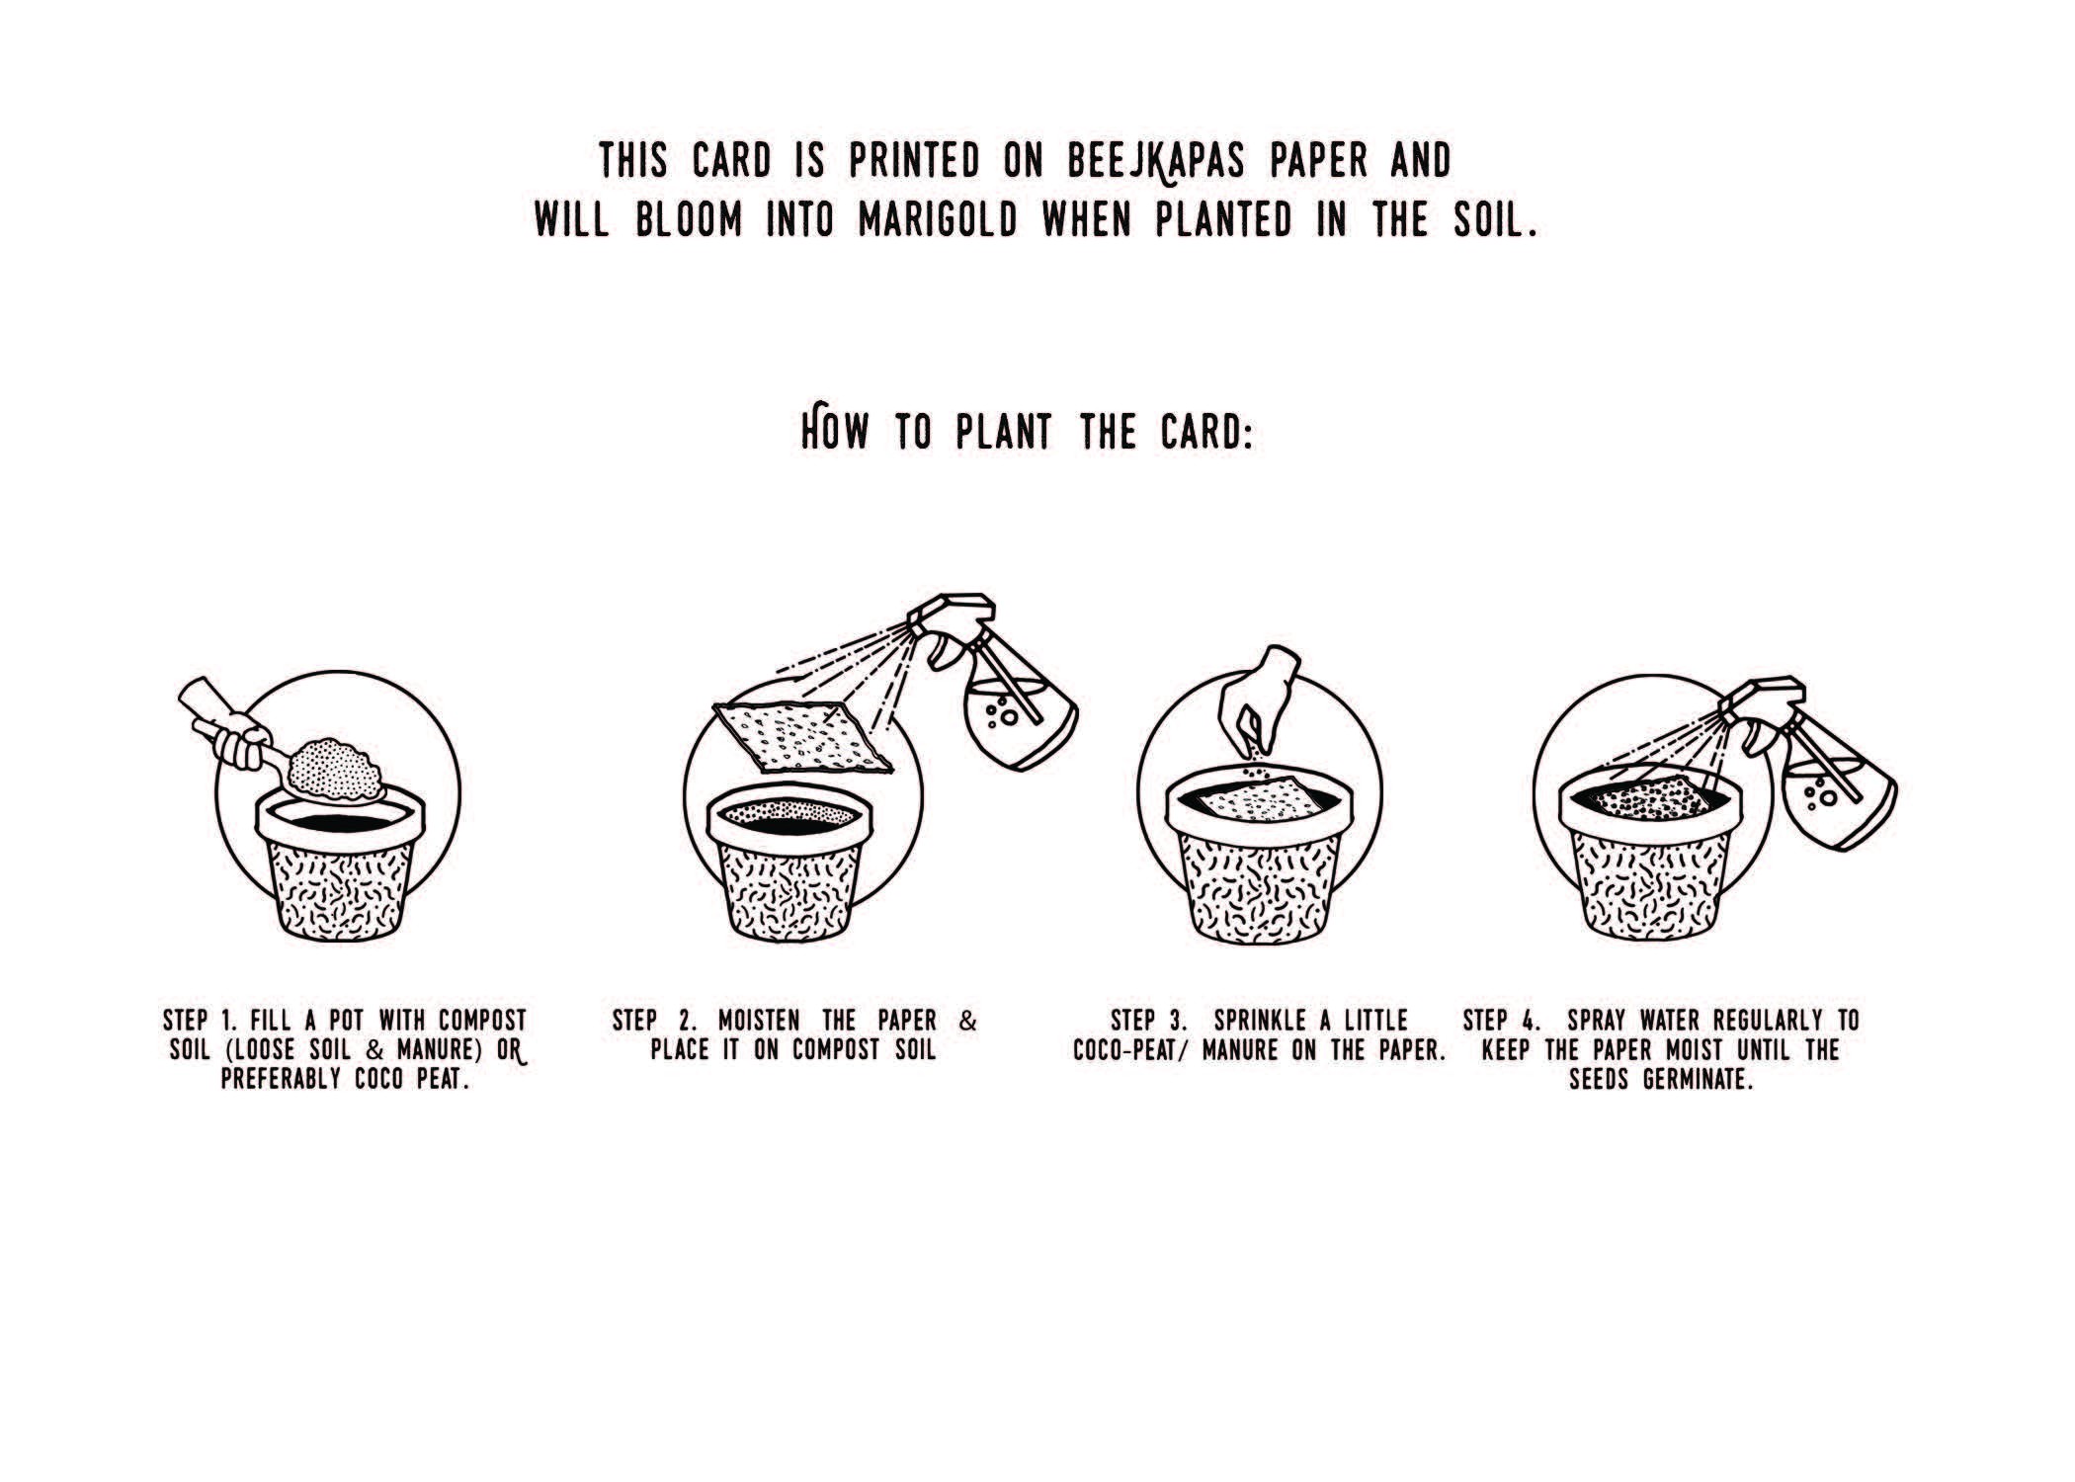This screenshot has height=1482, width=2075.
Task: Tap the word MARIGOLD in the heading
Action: (x=938, y=220)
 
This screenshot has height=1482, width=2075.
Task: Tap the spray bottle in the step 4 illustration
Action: (x=1812, y=761)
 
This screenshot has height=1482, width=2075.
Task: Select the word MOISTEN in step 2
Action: (x=759, y=1020)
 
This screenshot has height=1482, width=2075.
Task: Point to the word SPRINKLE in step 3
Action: (x=1260, y=1020)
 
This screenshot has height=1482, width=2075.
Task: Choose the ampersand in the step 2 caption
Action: (x=968, y=1020)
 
